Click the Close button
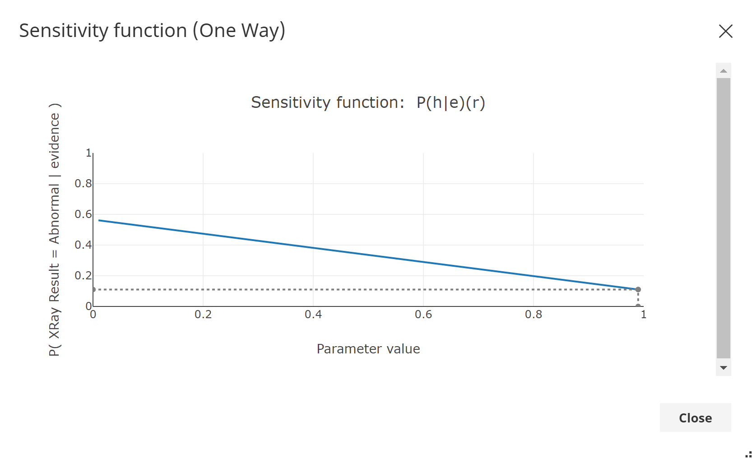[x=695, y=418]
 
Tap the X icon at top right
[x=725, y=31]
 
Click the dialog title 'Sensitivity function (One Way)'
[x=152, y=31]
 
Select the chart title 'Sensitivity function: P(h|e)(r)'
[x=368, y=102]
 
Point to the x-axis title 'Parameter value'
[x=368, y=349]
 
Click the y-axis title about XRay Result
[x=54, y=230]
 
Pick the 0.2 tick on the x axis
[x=203, y=315]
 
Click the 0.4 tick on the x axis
[x=313, y=315]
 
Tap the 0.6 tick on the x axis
[x=423, y=315]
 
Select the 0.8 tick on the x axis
[x=534, y=315]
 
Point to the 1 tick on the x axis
[x=643, y=315]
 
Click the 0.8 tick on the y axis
[x=83, y=184]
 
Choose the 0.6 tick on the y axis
[x=83, y=214]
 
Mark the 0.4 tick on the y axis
[x=83, y=245]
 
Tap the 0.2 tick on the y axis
[x=83, y=276]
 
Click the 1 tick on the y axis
[x=88, y=153]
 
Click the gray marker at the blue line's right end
[x=638, y=289]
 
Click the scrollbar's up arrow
[x=724, y=71]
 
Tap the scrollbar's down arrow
[x=724, y=368]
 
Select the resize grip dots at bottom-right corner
[x=748, y=454]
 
